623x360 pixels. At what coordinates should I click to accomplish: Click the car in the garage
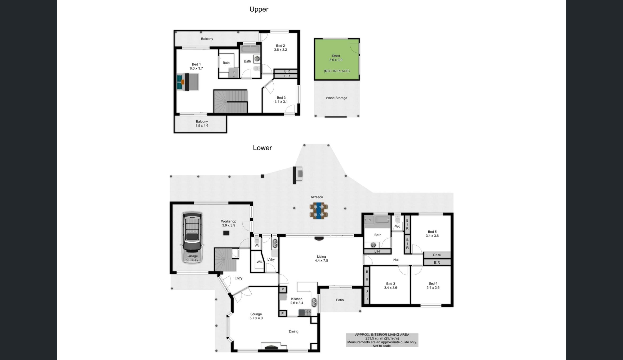[x=192, y=237]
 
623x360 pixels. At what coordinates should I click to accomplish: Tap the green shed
[x=337, y=59]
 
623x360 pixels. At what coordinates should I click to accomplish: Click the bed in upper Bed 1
[x=188, y=82]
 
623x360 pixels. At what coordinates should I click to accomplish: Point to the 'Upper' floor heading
[x=259, y=9]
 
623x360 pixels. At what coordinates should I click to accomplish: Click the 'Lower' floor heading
[x=262, y=148]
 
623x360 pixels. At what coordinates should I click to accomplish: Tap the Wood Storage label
[x=336, y=98]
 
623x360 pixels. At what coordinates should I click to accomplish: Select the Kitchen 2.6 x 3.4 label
[x=297, y=301]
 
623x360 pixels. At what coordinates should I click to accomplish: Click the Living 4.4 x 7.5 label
[x=321, y=258]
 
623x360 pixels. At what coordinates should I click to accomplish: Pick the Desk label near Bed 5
[x=437, y=255]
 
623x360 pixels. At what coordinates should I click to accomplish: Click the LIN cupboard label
[x=377, y=251]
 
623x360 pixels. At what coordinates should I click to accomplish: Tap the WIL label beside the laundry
[x=259, y=262]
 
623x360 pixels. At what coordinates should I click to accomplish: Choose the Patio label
[x=340, y=300]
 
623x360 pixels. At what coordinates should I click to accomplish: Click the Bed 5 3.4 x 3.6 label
[x=432, y=234]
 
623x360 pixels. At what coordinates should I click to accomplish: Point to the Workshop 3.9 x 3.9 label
[x=229, y=223]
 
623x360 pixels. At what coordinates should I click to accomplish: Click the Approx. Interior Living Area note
[x=382, y=340]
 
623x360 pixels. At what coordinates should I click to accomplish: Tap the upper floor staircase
[x=230, y=101]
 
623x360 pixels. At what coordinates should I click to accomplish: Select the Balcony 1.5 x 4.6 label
[x=202, y=124]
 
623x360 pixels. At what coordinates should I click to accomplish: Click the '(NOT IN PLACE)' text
[x=337, y=71]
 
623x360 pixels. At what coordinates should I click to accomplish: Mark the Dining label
[x=293, y=331]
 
